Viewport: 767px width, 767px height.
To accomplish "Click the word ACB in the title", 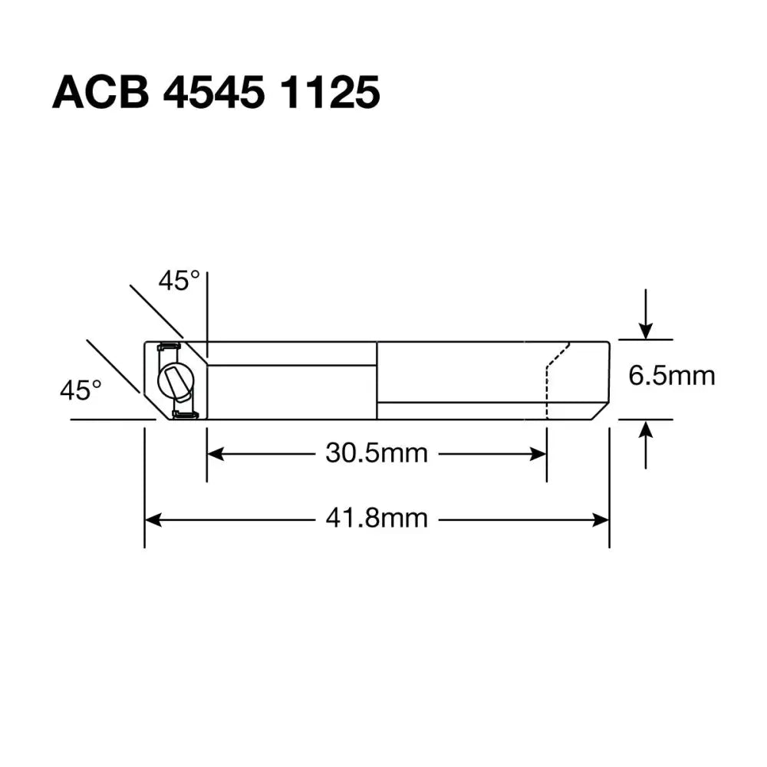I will click(x=100, y=94).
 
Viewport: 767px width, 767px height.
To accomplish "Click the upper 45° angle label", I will click(x=179, y=281).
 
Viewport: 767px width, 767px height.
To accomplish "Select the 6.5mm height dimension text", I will click(x=671, y=376).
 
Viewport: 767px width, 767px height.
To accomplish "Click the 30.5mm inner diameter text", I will click(x=376, y=453).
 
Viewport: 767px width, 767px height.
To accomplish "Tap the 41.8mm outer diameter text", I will click(x=376, y=519).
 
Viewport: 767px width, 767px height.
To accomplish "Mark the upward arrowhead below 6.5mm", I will click(x=647, y=429).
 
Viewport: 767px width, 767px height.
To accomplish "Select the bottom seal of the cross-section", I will click(x=184, y=415).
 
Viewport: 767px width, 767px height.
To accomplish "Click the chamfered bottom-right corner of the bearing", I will click(x=601, y=410).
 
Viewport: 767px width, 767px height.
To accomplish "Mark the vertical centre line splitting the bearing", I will click(x=377, y=380).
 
